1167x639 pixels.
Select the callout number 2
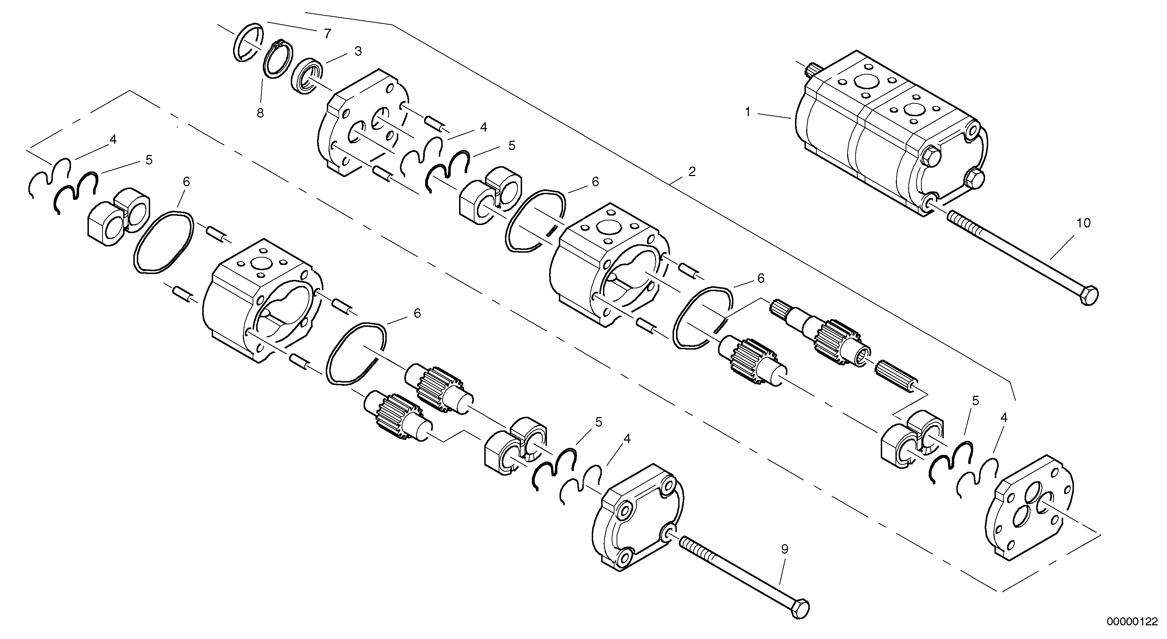point(692,172)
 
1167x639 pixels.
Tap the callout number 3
point(358,51)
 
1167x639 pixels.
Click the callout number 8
point(260,113)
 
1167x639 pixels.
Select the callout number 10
point(1083,223)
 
